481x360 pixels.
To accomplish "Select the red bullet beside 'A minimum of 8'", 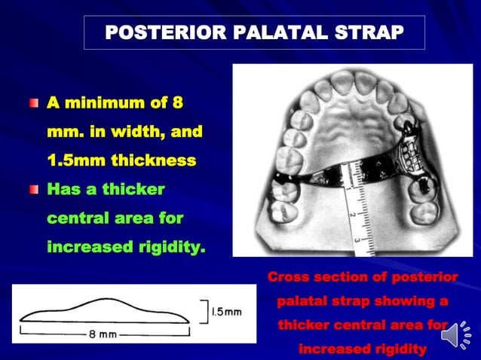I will [33, 102].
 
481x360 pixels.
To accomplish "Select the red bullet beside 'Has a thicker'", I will [33, 190].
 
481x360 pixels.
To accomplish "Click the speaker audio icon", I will [455, 336].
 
